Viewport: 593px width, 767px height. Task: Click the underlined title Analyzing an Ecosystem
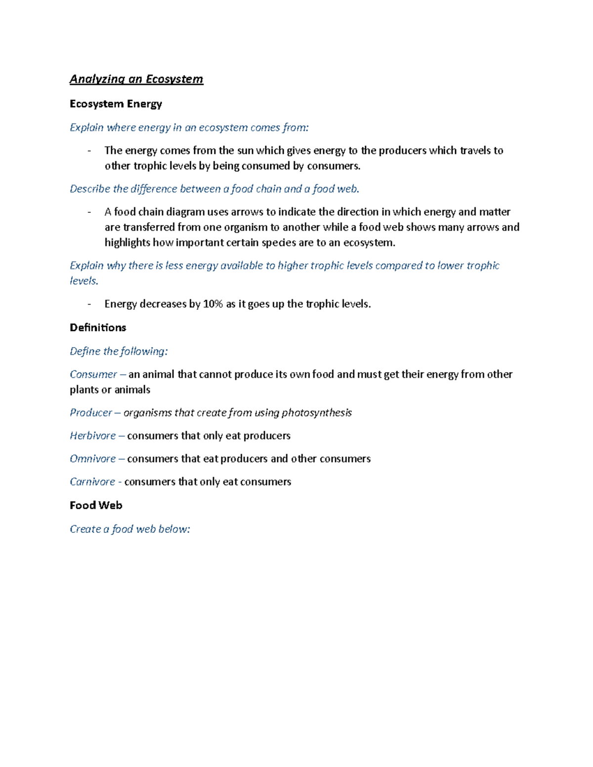(x=136, y=79)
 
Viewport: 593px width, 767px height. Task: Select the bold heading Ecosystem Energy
(x=116, y=104)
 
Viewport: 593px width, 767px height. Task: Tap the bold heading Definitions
(x=98, y=327)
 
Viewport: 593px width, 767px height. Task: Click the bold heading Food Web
(x=96, y=505)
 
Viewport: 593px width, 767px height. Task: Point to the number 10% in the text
(x=213, y=304)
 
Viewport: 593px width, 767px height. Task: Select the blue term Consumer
(x=93, y=374)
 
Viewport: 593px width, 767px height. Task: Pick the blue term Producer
(x=91, y=412)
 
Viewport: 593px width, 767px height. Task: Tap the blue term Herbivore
(x=92, y=436)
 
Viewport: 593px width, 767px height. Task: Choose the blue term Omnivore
(x=92, y=459)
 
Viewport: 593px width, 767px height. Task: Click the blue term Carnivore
(x=92, y=482)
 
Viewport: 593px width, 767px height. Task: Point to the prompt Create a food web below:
(x=129, y=529)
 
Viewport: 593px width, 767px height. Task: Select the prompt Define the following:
(x=119, y=351)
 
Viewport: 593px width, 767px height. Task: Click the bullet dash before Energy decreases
(x=89, y=304)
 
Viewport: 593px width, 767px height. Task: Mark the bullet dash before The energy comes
(x=89, y=151)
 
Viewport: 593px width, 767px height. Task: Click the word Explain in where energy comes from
(x=86, y=127)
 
